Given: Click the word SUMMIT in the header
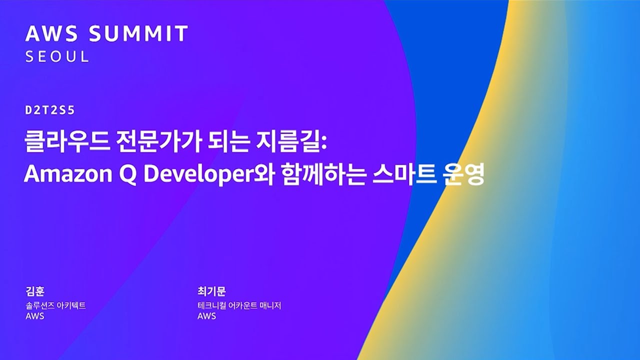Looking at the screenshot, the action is [138, 33].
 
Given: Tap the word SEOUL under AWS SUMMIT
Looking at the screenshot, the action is [57, 56].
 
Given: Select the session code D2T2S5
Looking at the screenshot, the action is [50, 110].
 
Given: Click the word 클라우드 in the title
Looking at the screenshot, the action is [67, 141].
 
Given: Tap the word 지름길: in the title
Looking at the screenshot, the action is [291, 141].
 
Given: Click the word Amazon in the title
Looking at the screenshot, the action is [68, 174].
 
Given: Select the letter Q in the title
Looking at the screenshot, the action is [127, 174].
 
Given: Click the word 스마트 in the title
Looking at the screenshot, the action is [404, 174].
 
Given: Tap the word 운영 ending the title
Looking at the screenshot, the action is [463, 174].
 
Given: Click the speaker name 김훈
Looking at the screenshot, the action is [35, 291].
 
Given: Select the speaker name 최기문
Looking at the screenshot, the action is [211, 291].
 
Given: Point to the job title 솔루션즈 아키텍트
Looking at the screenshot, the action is [55, 305].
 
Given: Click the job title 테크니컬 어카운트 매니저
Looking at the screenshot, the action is [239, 305].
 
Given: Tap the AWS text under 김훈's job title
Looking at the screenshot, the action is [35, 316].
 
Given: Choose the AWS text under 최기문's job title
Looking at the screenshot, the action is [206, 316].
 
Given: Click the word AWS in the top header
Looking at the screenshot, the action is [51, 33].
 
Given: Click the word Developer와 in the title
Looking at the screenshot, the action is [208, 174].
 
